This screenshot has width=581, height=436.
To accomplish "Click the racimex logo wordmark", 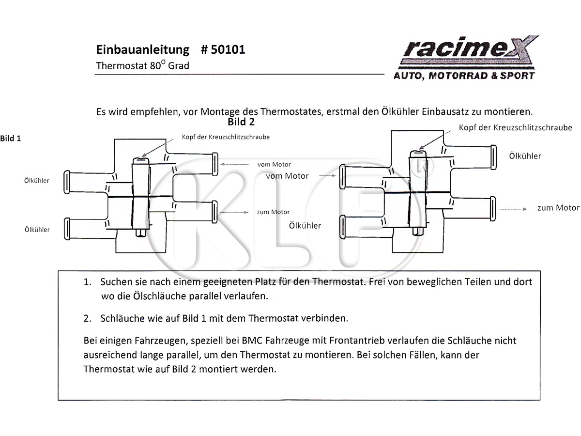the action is tap(470, 47).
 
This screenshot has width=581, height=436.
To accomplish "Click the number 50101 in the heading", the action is tap(228, 49).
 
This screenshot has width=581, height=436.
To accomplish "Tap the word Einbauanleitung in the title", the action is tap(143, 49).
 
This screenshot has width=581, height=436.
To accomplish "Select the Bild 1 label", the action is tap(10, 139).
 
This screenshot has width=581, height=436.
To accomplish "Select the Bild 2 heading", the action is tap(241, 122).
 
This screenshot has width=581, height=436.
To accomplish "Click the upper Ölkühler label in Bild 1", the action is tap(37, 181).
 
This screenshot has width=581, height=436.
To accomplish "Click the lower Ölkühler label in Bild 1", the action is tap(37, 230).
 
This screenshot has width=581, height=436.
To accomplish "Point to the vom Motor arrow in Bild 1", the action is tap(234, 164).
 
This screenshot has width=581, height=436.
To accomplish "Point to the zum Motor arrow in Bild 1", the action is tap(234, 212).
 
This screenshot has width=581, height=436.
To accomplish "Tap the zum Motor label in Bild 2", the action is tap(558, 208).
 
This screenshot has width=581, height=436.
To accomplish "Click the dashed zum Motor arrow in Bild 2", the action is tap(513, 209).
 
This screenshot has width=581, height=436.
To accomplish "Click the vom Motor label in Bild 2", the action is tap(287, 176).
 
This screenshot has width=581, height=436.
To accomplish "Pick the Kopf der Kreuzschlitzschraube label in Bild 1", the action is tap(226, 137).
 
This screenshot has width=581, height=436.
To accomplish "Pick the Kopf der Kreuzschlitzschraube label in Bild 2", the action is tap(515, 127).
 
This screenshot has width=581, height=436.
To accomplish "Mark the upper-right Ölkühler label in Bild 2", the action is tap(525, 156).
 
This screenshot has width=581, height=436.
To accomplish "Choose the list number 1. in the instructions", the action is tap(88, 282).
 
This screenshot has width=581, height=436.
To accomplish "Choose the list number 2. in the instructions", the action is tap(88, 318).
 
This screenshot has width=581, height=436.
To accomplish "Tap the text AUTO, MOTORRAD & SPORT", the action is tap(464, 76).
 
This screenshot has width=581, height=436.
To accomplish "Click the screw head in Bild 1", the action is tap(141, 161).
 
